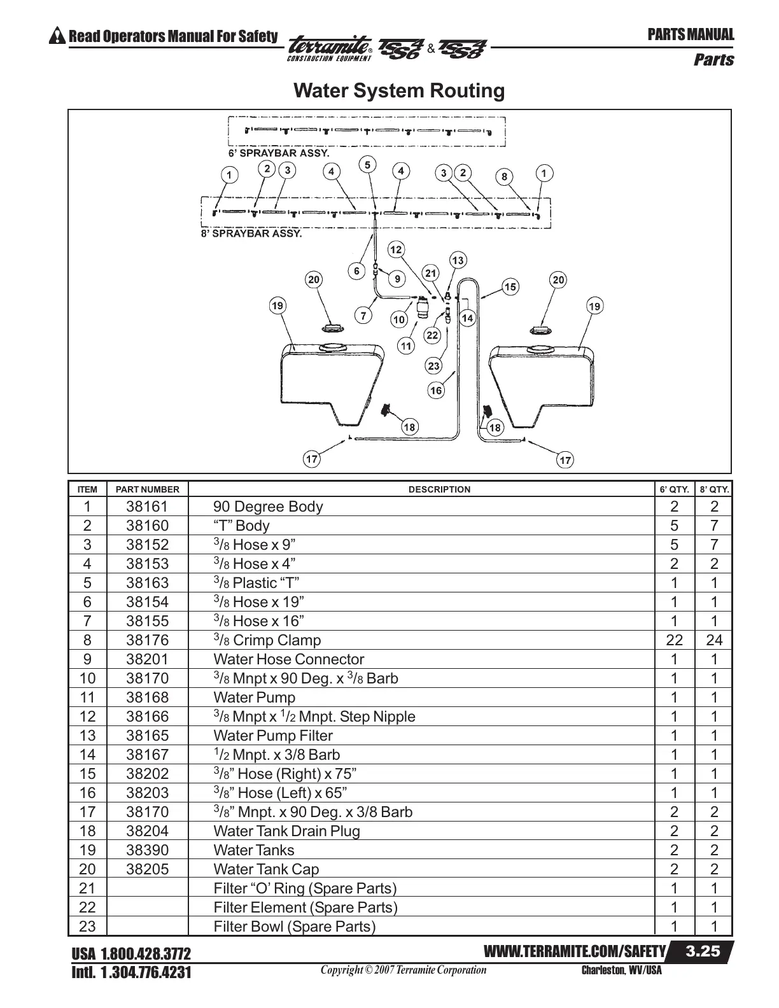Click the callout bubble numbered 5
[367, 165]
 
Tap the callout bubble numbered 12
[396, 249]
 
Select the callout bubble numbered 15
[510, 287]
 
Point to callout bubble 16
[436, 390]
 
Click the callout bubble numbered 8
[504, 177]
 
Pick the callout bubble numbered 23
[434, 366]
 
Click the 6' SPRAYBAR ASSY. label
[279, 153]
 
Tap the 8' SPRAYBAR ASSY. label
[251, 234]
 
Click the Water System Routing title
[399, 90]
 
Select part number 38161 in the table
[148, 507]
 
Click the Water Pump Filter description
[273, 736]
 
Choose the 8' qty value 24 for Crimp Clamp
[714, 641]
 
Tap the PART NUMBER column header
[148, 489]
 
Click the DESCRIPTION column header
[439, 489]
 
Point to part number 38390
[148, 851]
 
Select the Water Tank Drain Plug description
[286, 832]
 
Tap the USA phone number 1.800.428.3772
[131, 955]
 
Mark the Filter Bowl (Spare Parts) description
[295, 927]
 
